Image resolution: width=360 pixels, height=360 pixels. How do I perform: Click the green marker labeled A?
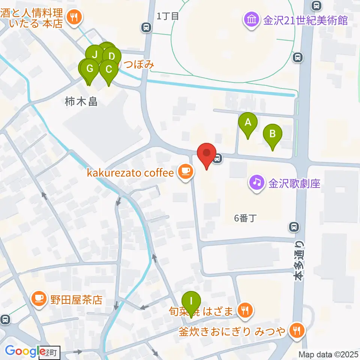(x=247, y=122)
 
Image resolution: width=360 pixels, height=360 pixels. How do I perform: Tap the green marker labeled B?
(x=273, y=133)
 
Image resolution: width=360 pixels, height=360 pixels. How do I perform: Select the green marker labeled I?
(x=191, y=301)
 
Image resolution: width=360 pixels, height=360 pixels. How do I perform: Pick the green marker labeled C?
(x=109, y=69)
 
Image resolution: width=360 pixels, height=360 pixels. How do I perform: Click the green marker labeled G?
(x=90, y=69)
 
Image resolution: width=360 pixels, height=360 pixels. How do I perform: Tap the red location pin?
(x=207, y=153)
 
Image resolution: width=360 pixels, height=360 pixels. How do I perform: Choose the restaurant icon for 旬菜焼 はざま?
(x=245, y=310)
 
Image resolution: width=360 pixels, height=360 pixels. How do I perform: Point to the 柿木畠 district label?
(x=81, y=101)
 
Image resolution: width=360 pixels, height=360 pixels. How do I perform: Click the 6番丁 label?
(x=244, y=218)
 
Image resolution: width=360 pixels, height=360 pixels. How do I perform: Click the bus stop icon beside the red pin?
(x=217, y=159)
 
